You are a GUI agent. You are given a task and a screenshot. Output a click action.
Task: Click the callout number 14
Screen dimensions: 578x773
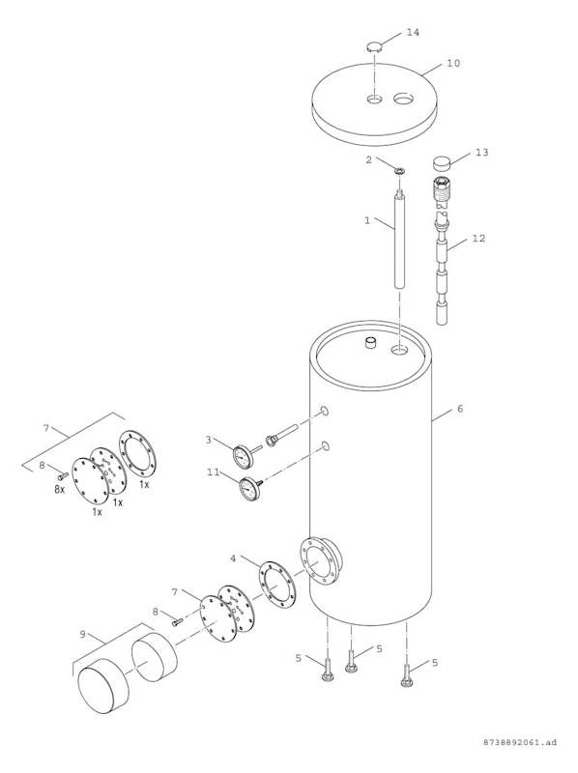pyautogui.click(x=413, y=32)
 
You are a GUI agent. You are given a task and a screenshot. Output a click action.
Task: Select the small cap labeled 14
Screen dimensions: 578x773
pyautogui.click(x=375, y=47)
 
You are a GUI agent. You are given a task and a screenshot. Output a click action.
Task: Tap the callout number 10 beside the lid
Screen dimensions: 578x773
pyautogui.click(x=453, y=63)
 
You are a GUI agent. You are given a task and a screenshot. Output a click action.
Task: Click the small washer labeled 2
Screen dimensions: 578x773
pyautogui.click(x=399, y=171)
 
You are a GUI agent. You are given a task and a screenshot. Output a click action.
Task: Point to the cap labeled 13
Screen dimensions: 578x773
pyautogui.click(x=442, y=162)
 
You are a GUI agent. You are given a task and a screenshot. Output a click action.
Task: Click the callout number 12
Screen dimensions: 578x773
pyautogui.click(x=478, y=238)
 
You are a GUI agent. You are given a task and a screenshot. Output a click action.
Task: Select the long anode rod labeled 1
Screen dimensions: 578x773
pyautogui.click(x=399, y=239)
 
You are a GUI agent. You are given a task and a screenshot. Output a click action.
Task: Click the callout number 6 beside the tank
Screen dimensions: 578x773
pyautogui.click(x=460, y=409)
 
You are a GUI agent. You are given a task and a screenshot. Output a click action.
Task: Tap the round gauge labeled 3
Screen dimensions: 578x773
pyautogui.click(x=244, y=456)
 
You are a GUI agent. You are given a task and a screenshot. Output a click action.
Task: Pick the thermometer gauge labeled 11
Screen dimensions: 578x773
pyautogui.click(x=250, y=489)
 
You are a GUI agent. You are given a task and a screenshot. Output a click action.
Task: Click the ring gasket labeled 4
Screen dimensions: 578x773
pyautogui.click(x=277, y=585)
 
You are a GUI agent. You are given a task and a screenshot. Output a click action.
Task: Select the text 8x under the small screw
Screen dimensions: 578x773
pyautogui.click(x=59, y=490)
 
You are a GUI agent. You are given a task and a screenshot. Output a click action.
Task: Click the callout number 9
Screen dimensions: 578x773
pyautogui.click(x=82, y=634)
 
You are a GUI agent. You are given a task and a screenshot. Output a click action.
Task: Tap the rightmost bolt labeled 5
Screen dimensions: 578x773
pyautogui.click(x=407, y=675)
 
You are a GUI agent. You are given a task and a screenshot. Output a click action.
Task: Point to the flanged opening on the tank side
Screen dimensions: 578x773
pyautogui.click(x=321, y=561)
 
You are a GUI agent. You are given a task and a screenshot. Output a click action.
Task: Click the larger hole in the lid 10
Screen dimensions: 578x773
pyautogui.click(x=404, y=99)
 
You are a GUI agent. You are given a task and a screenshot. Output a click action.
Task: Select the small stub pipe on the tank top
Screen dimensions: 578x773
pyautogui.click(x=370, y=342)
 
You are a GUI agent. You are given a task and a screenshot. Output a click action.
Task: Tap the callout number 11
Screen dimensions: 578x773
pyautogui.click(x=213, y=472)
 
